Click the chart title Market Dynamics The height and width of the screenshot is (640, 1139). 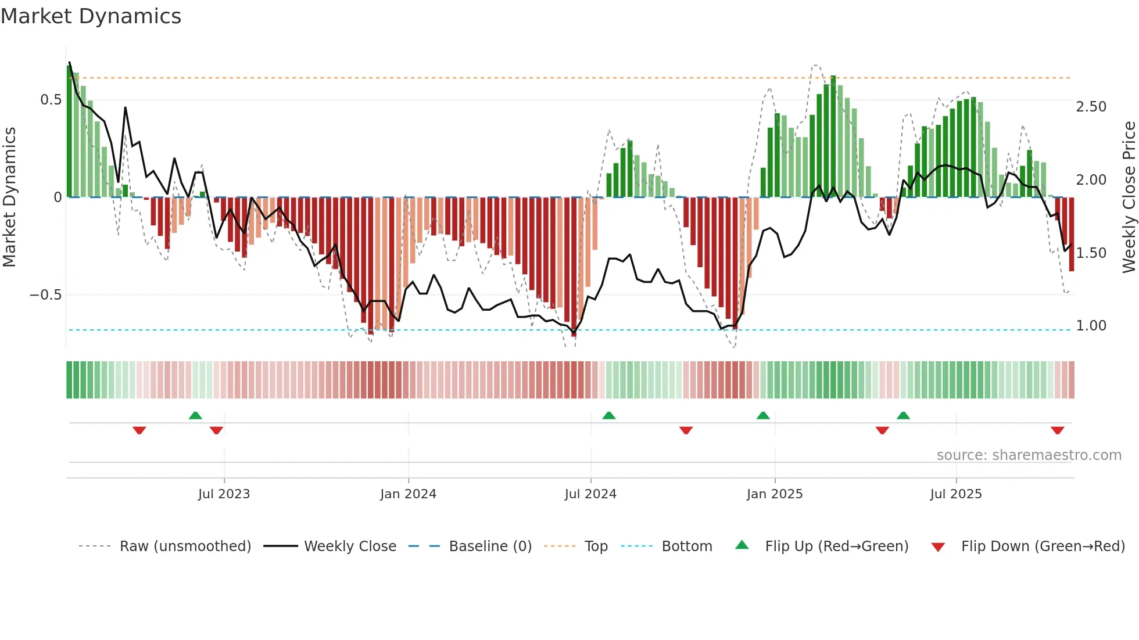91,16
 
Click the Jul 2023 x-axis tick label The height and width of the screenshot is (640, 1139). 224,494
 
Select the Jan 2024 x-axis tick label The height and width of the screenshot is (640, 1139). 408,494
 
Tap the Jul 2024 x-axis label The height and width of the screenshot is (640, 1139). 590,494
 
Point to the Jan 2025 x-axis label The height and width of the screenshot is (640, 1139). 775,494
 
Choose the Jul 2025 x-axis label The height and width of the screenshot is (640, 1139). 956,494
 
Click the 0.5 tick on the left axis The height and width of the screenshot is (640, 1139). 51,100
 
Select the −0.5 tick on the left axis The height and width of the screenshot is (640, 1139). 45,295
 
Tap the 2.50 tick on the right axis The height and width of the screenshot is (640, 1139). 1091,107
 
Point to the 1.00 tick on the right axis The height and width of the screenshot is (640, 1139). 1091,326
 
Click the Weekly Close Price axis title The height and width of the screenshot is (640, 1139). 1129,197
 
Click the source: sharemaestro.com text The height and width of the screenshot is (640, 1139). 1029,455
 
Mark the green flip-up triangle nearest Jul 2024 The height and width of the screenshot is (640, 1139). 608,416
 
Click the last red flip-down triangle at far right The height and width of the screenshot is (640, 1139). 1057,430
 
